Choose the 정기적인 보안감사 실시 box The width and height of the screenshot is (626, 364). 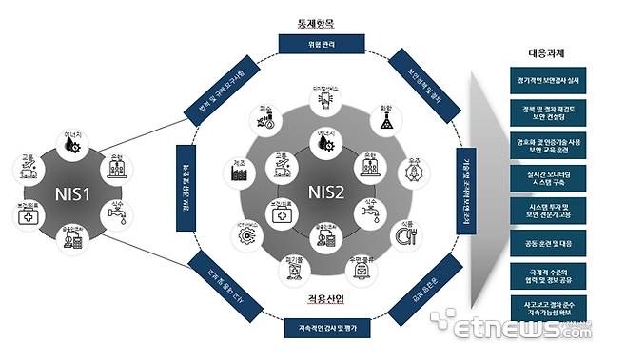(x=548, y=80)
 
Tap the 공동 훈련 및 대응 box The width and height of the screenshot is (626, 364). (x=548, y=244)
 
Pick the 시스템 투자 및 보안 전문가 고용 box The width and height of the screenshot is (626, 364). (x=548, y=211)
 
